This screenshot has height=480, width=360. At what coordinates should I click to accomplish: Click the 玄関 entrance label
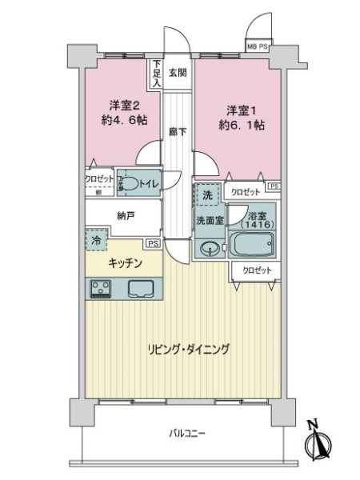(x=178, y=73)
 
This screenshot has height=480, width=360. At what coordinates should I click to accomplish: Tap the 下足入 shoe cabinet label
(x=157, y=73)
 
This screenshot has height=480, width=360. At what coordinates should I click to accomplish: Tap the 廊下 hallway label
(x=178, y=133)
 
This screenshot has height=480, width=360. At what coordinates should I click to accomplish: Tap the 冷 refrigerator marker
(x=94, y=239)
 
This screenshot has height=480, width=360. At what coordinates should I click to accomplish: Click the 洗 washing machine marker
(x=206, y=194)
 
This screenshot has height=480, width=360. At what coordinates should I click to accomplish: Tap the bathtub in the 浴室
(x=252, y=244)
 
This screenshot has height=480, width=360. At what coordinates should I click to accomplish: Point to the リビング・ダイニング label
(x=188, y=349)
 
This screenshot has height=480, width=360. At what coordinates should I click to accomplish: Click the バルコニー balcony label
(x=188, y=434)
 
